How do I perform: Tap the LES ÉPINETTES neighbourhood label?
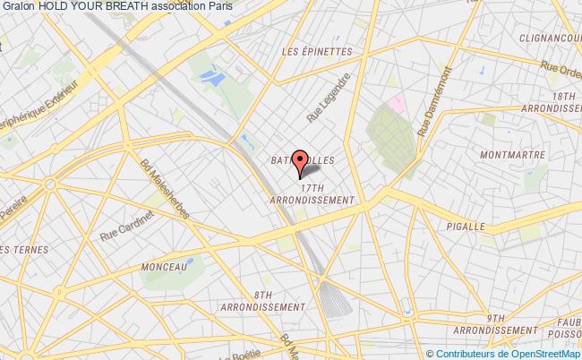point(317,51)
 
